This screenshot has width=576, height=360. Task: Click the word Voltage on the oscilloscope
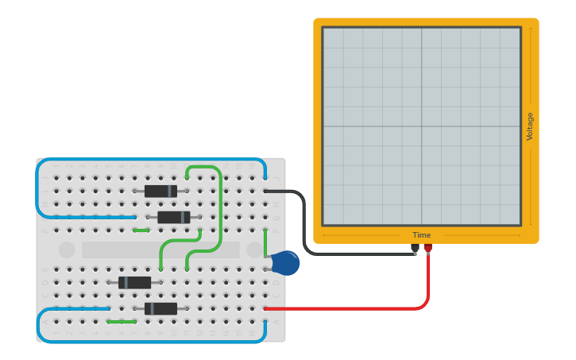tap(530, 126)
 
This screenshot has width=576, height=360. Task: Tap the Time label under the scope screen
tap(421, 235)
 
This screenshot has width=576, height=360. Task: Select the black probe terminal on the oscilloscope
tap(415, 248)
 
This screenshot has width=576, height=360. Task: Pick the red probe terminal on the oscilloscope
tap(428, 248)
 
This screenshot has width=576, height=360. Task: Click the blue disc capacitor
tap(284, 262)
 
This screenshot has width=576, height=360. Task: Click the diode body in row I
tap(160, 191)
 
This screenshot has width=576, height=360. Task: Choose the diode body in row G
tap(172, 217)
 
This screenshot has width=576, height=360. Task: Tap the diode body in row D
tap(134, 282)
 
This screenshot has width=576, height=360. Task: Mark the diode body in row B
tap(161, 308)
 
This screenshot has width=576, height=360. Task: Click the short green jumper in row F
tap(141, 230)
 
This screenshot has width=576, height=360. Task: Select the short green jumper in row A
tap(121, 322)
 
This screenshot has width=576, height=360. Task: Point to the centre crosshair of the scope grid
tap(421, 126)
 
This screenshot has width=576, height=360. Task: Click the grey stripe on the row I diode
tap(169, 191)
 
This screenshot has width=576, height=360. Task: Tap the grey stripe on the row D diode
tap(126, 282)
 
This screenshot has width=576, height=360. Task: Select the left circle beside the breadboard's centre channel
tap(67, 250)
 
